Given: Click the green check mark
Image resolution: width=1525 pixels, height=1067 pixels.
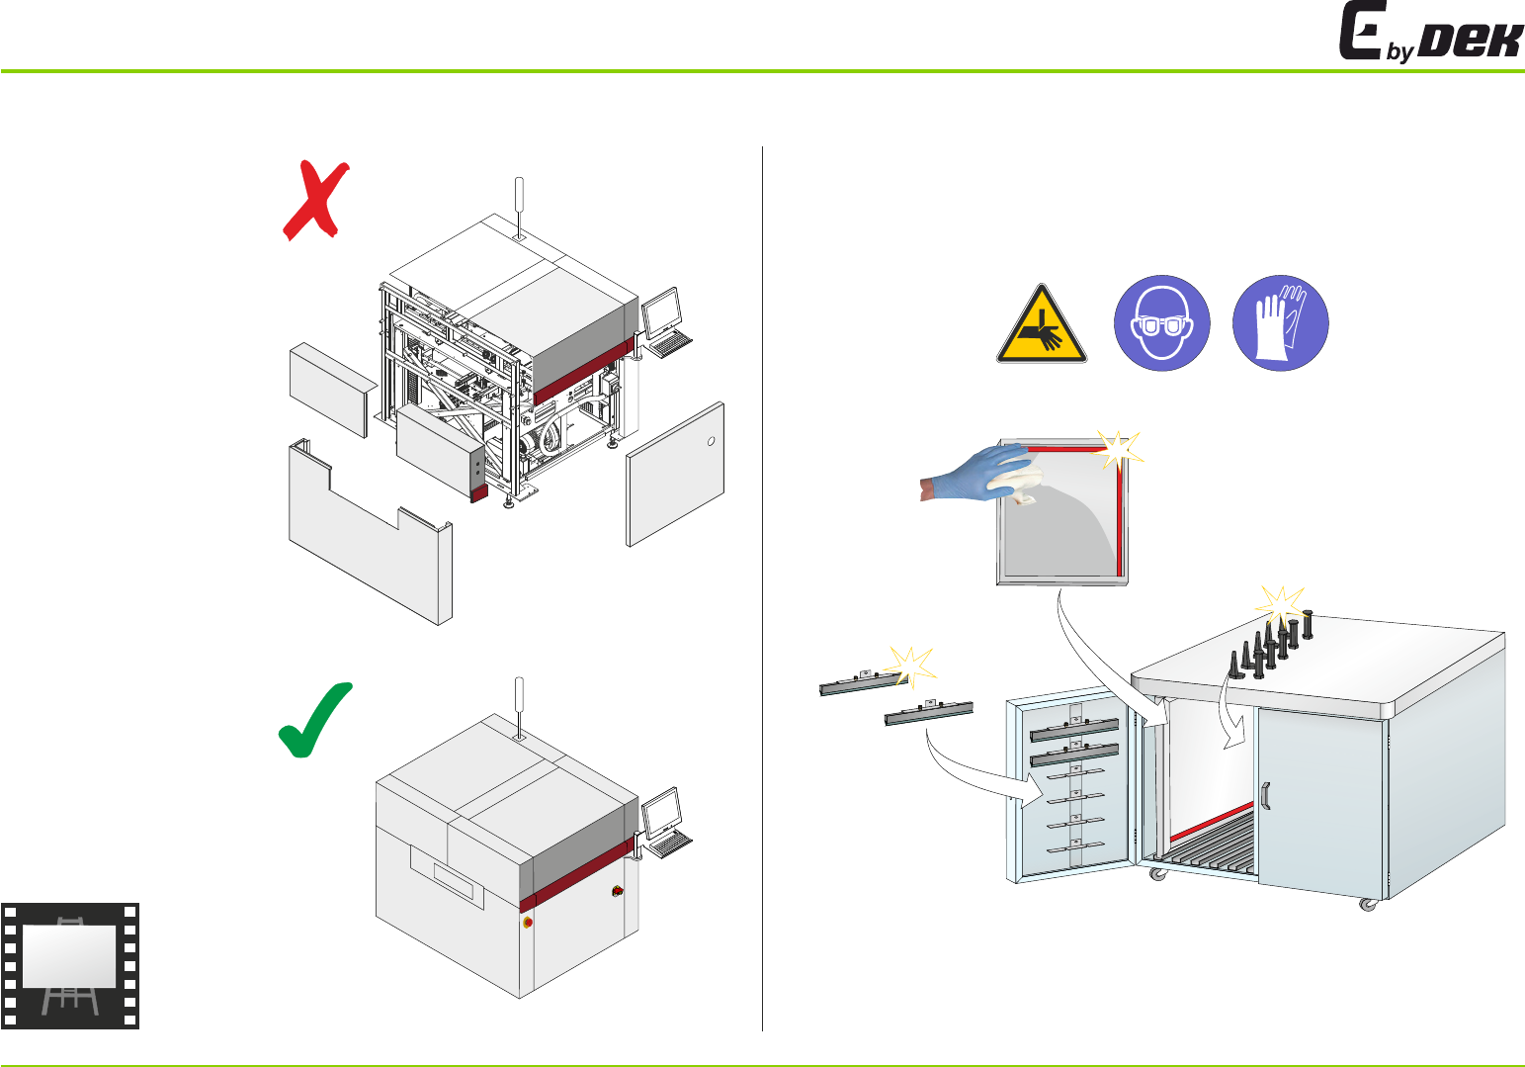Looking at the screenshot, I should (315, 721).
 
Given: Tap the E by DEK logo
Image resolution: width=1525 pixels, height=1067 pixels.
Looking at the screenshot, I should (1429, 34).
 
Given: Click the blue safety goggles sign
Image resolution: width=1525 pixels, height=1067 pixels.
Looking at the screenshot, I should (1161, 323).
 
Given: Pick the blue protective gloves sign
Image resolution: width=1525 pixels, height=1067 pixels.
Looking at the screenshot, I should (1280, 323).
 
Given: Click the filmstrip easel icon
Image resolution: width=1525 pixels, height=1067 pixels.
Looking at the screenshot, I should (70, 965).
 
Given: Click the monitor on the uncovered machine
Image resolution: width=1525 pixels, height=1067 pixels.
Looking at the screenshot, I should (661, 313).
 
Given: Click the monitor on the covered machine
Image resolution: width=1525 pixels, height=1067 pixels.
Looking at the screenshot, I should (661, 814).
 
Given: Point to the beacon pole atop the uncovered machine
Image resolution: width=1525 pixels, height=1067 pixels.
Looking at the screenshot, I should (519, 206).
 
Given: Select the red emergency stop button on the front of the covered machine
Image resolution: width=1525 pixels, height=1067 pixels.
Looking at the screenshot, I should (527, 923).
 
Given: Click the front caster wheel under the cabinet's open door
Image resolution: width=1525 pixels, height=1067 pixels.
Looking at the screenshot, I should (1155, 874).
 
